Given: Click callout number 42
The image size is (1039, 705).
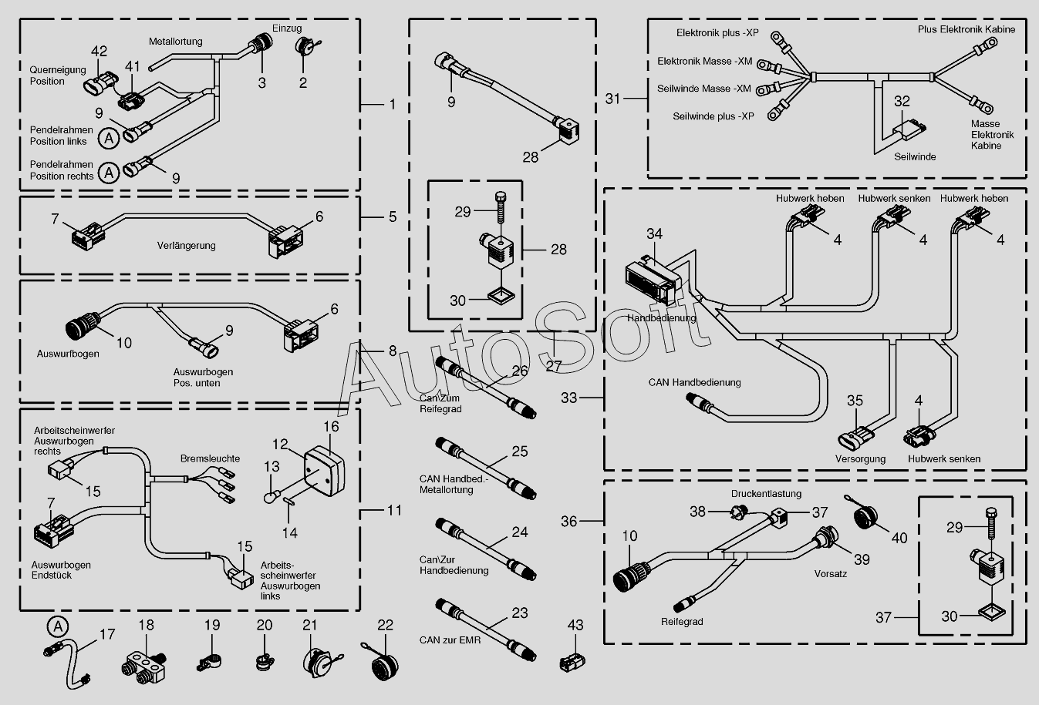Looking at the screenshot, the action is [100, 51].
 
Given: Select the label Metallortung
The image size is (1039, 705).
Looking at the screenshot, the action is [175, 42].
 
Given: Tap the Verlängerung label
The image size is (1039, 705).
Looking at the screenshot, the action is [186, 246].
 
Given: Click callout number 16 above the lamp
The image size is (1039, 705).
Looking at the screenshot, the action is [331, 426].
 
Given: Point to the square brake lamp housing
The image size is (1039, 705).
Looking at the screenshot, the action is [324, 471].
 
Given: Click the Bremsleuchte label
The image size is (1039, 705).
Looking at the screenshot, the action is [210, 458].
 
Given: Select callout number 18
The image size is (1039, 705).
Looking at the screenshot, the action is [146, 625].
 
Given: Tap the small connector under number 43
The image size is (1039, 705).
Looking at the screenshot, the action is [572, 662].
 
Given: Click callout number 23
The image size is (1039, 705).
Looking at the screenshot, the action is [520, 613].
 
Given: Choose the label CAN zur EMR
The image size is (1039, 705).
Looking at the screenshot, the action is [450, 640].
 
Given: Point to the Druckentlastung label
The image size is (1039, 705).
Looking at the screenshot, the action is [766, 494].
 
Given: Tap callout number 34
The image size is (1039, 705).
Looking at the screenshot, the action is [654, 234].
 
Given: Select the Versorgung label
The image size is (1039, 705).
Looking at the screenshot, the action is [860, 459].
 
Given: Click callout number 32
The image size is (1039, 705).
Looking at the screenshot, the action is [902, 101].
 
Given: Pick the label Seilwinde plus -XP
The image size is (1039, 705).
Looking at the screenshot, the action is [713, 116].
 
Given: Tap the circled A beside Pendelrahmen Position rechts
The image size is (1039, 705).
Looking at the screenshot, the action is [109, 173].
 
